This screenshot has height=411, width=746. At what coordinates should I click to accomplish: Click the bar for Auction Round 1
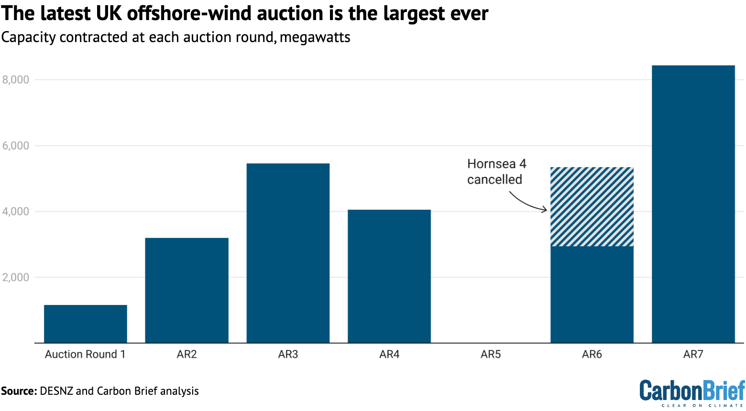(x=86, y=324)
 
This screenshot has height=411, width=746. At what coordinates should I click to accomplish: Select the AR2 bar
(x=186, y=290)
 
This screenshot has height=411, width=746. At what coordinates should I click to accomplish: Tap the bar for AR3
(x=288, y=253)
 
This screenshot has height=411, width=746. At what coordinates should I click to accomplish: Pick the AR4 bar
(x=389, y=276)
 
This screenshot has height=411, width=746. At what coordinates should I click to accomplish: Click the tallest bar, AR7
(x=693, y=204)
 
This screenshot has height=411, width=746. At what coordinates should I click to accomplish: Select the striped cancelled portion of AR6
(x=592, y=206)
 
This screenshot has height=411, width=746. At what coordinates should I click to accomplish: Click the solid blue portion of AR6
(x=592, y=294)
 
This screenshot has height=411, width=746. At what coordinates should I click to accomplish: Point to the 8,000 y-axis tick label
(x=16, y=80)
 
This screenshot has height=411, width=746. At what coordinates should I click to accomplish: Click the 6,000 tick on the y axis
(x=16, y=146)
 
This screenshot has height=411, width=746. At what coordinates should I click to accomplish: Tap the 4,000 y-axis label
(x=16, y=211)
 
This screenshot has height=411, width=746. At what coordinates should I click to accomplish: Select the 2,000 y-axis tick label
(x=16, y=277)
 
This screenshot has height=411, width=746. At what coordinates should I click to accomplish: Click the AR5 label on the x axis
(x=491, y=354)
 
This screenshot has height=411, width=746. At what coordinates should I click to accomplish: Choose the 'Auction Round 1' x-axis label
(x=85, y=354)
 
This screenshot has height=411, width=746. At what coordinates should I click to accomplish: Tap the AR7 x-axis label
(x=693, y=354)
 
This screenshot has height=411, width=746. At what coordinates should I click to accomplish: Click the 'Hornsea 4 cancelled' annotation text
(x=496, y=172)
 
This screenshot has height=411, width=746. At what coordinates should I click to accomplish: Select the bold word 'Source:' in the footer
(x=19, y=391)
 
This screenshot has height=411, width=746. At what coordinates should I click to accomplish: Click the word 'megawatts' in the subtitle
(x=315, y=37)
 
